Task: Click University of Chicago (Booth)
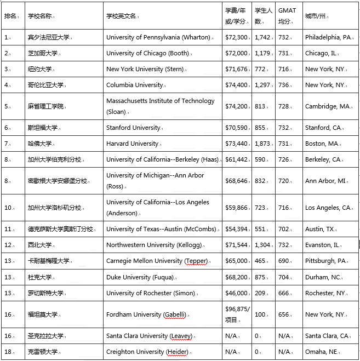[148, 53]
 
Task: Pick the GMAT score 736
[283, 85]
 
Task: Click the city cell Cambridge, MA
[327, 106]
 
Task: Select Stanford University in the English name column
[134, 128]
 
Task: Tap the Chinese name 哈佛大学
[40, 144]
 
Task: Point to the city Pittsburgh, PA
[326, 261]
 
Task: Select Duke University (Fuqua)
[140, 277]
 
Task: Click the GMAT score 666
[283, 293]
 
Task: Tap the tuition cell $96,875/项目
[237, 314]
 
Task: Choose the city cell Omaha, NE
[322, 351]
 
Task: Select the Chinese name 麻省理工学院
[45, 106]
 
